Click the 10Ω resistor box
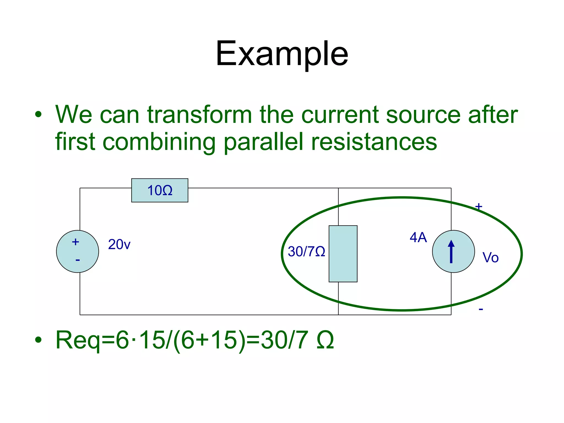point(160,190)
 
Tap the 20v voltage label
point(119,244)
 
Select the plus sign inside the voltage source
point(75,242)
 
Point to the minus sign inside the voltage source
point(78,260)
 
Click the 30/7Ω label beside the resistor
point(306,251)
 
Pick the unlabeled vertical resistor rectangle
point(343,254)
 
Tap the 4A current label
point(418,237)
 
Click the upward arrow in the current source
point(451,251)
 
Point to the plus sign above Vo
point(479,206)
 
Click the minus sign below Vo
point(481,310)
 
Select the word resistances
point(374,142)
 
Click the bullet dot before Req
point(38,340)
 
